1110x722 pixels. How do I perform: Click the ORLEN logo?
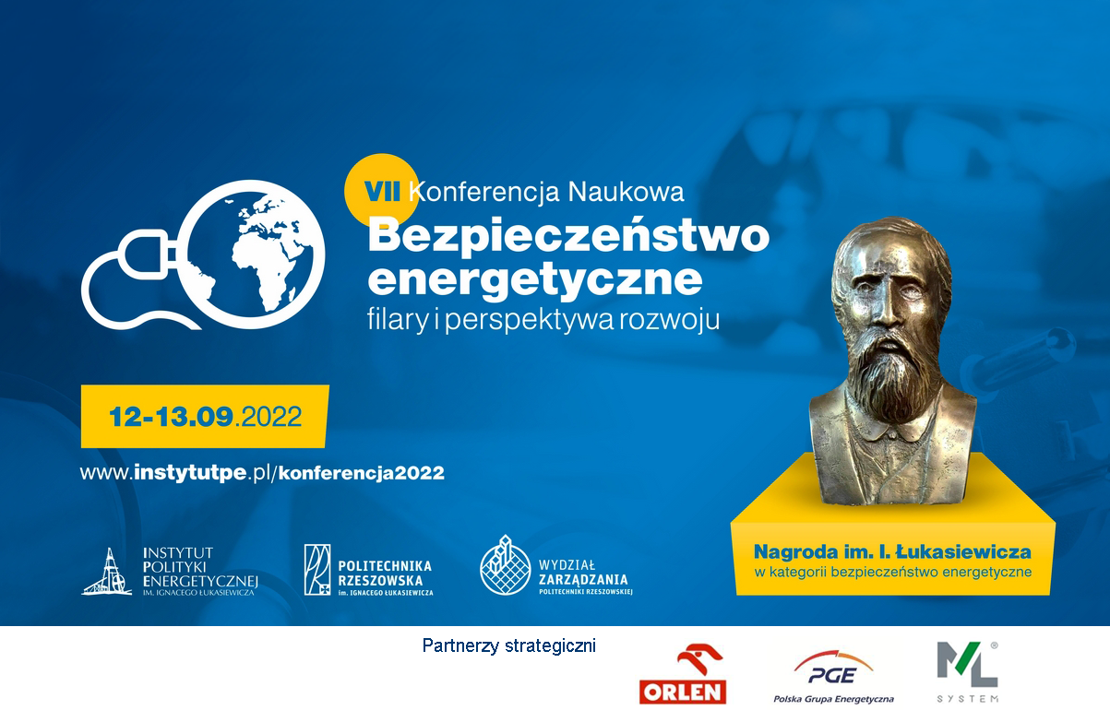(x=683, y=674)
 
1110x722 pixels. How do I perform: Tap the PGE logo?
(x=833, y=677)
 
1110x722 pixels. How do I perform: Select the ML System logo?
(x=967, y=672)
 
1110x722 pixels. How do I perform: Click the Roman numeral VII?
(x=382, y=192)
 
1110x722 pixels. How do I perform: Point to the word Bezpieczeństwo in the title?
(x=568, y=236)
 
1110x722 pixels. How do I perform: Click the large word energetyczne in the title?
(x=534, y=280)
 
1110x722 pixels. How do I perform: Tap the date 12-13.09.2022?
(x=205, y=417)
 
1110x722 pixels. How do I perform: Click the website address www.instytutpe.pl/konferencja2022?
(x=262, y=473)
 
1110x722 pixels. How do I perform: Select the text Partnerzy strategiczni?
(x=509, y=645)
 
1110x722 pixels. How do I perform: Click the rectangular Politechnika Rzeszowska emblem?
(x=317, y=570)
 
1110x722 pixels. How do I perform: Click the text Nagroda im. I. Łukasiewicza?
(x=892, y=551)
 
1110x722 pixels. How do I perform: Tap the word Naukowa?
(x=626, y=192)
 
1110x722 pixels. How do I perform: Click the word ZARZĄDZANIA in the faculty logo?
(x=583, y=579)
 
